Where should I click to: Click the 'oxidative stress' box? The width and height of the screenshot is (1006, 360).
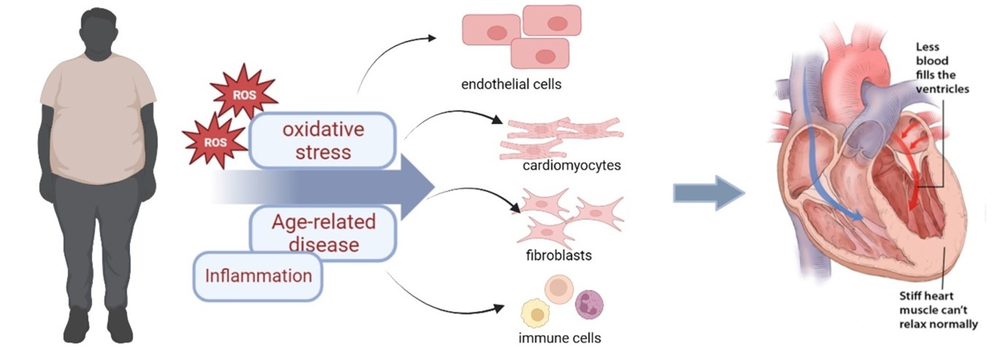click(322, 140)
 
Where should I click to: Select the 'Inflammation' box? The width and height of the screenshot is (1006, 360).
click(258, 276)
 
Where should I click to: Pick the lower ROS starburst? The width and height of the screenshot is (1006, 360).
click(214, 141)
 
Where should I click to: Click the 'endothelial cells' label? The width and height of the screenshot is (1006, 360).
click(511, 84)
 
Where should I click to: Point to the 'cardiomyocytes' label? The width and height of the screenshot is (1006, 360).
click(571, 165)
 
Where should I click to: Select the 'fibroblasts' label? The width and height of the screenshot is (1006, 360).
click(559, 255)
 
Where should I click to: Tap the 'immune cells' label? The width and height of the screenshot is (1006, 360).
click(560, 338)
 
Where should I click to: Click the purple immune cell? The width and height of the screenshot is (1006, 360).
click(589, 304)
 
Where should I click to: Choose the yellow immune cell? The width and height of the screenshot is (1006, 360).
click(536, 313)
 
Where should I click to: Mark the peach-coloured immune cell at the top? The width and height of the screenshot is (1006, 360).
click(559, 289)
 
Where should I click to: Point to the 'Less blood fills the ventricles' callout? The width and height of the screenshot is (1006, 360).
click(941, 68)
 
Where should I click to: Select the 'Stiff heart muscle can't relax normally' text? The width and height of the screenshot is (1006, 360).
click(938, 310)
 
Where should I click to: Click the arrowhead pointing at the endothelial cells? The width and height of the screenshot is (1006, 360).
click(432, 38)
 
